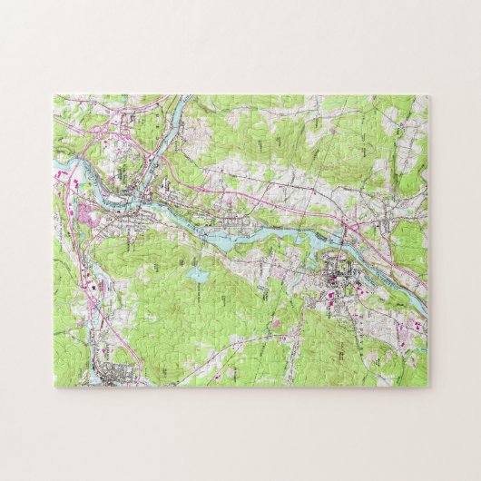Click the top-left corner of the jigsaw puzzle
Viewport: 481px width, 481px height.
tap(54, 93)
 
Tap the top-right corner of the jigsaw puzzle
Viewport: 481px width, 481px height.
tap(430, 93)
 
